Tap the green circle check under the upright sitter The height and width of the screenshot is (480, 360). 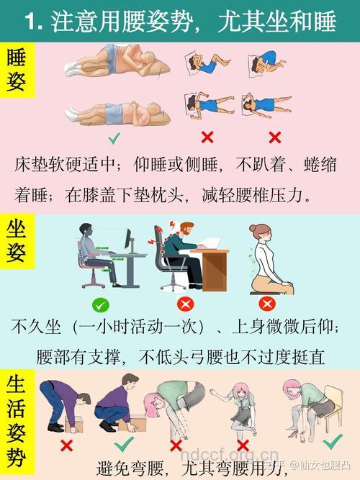click(101, 304)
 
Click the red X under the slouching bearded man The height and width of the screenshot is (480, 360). click(185, 304)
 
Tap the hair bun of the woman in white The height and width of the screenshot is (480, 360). click(253, 228)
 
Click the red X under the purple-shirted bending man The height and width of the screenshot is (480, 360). click(66, 445)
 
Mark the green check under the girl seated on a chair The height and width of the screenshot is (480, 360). click(332, 441)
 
